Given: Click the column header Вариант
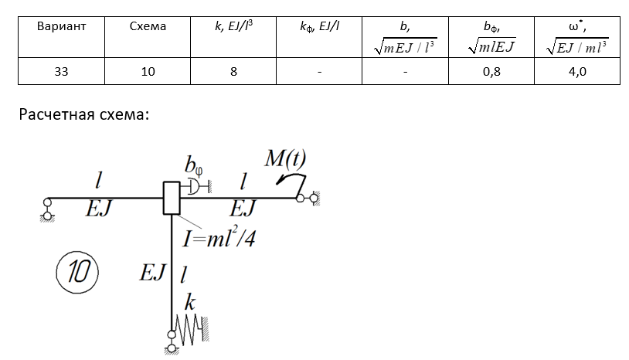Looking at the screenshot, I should (x=60, y=25).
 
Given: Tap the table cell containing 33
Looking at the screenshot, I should (x=60, y=72).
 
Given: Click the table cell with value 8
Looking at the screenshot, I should (x=233, y=72).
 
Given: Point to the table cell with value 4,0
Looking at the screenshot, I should (x=576, y=72).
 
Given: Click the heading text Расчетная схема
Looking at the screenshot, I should (x=83, y=115).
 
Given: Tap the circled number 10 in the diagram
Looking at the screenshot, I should (x=76, y=271).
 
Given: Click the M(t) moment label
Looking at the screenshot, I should (x=285, y=160).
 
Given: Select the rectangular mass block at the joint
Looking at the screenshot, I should (x=171, y=198).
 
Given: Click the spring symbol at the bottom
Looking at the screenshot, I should (x=190, y=331).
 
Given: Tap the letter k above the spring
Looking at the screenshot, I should (x=189, y=304).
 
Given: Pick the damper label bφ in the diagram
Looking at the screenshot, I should (x=192, y=165).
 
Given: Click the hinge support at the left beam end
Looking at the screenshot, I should (x=46, y=205).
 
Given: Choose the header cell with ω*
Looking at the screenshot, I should (x=576, y=36).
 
